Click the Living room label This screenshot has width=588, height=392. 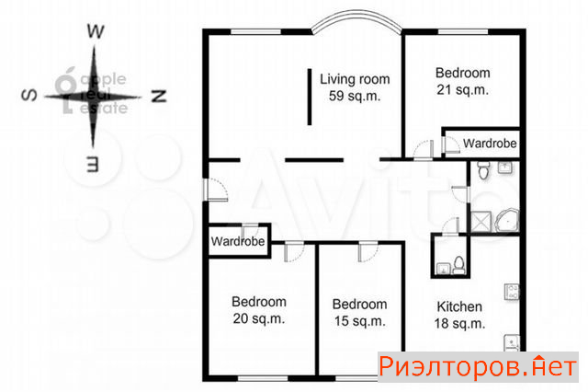click(355, 80)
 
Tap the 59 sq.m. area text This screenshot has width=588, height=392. click(355, 96)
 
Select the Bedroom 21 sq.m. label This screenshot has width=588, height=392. click(463, 81)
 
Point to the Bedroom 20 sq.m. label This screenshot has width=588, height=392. click(259, 310)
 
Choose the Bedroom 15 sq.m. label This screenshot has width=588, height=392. click(359, 312)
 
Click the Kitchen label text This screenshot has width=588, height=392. click(459, 306)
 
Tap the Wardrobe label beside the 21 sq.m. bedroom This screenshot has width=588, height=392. click(490, 143)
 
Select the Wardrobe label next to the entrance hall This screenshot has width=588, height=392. click(238, 241)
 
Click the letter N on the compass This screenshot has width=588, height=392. click(159, 96)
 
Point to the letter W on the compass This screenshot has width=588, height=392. click(96, 31)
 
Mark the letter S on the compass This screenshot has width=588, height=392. click(30, 96)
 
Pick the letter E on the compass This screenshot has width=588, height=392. click(93, 164)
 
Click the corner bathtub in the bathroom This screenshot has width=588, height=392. click(507, 220)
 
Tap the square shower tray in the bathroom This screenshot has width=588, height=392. click(481, 222)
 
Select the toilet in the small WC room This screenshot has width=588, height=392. click(458, 265)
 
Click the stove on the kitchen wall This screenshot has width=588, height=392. click(512, 292)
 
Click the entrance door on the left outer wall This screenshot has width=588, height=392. click(215, 190)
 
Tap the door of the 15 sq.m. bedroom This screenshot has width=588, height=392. click(367, 252)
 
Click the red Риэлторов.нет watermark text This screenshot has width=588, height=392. click(478, 366)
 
